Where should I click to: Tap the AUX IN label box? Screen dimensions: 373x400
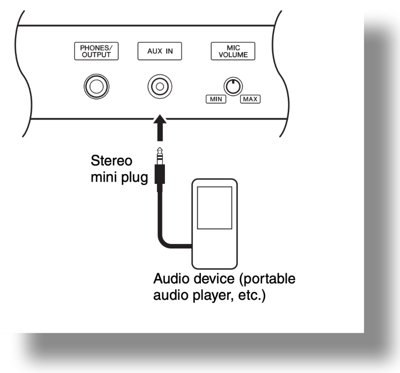tap(160, 51)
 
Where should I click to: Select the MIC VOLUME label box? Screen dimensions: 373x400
tap(230, 51)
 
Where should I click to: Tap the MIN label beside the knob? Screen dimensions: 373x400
tap(215, 99)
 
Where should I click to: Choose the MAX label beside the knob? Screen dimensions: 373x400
tap(250, 99)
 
